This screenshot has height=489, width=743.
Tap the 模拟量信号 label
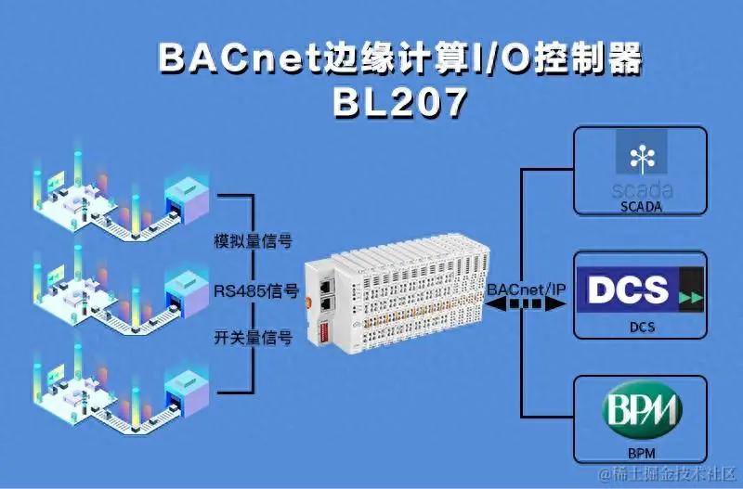tap(254, 241)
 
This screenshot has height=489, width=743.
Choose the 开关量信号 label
tap(254, 339)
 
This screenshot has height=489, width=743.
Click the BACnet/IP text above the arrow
tap(526, 290)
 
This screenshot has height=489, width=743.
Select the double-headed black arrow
tap(526, 305)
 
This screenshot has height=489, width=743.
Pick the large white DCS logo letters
tap(629, 288)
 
